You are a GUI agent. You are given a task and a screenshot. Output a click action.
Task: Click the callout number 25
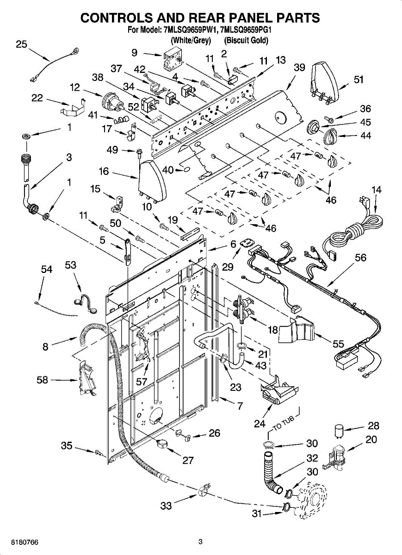click(21, 44)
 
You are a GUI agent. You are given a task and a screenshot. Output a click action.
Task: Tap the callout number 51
click(359, 80)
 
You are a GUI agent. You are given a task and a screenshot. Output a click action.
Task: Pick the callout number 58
click(43, 380)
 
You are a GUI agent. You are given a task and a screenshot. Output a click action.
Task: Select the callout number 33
click(166, 506)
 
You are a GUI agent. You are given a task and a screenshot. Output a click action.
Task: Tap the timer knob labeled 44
click(330, 136)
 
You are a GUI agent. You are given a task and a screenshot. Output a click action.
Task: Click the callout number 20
click(371, 440)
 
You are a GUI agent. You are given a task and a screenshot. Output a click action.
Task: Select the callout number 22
click(37, 98)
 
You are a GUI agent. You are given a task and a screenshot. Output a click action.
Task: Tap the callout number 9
click(134, 53)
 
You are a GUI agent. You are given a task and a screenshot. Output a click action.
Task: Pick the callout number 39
click(299, 68)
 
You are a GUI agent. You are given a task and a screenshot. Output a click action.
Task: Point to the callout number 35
click(67, 446)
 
